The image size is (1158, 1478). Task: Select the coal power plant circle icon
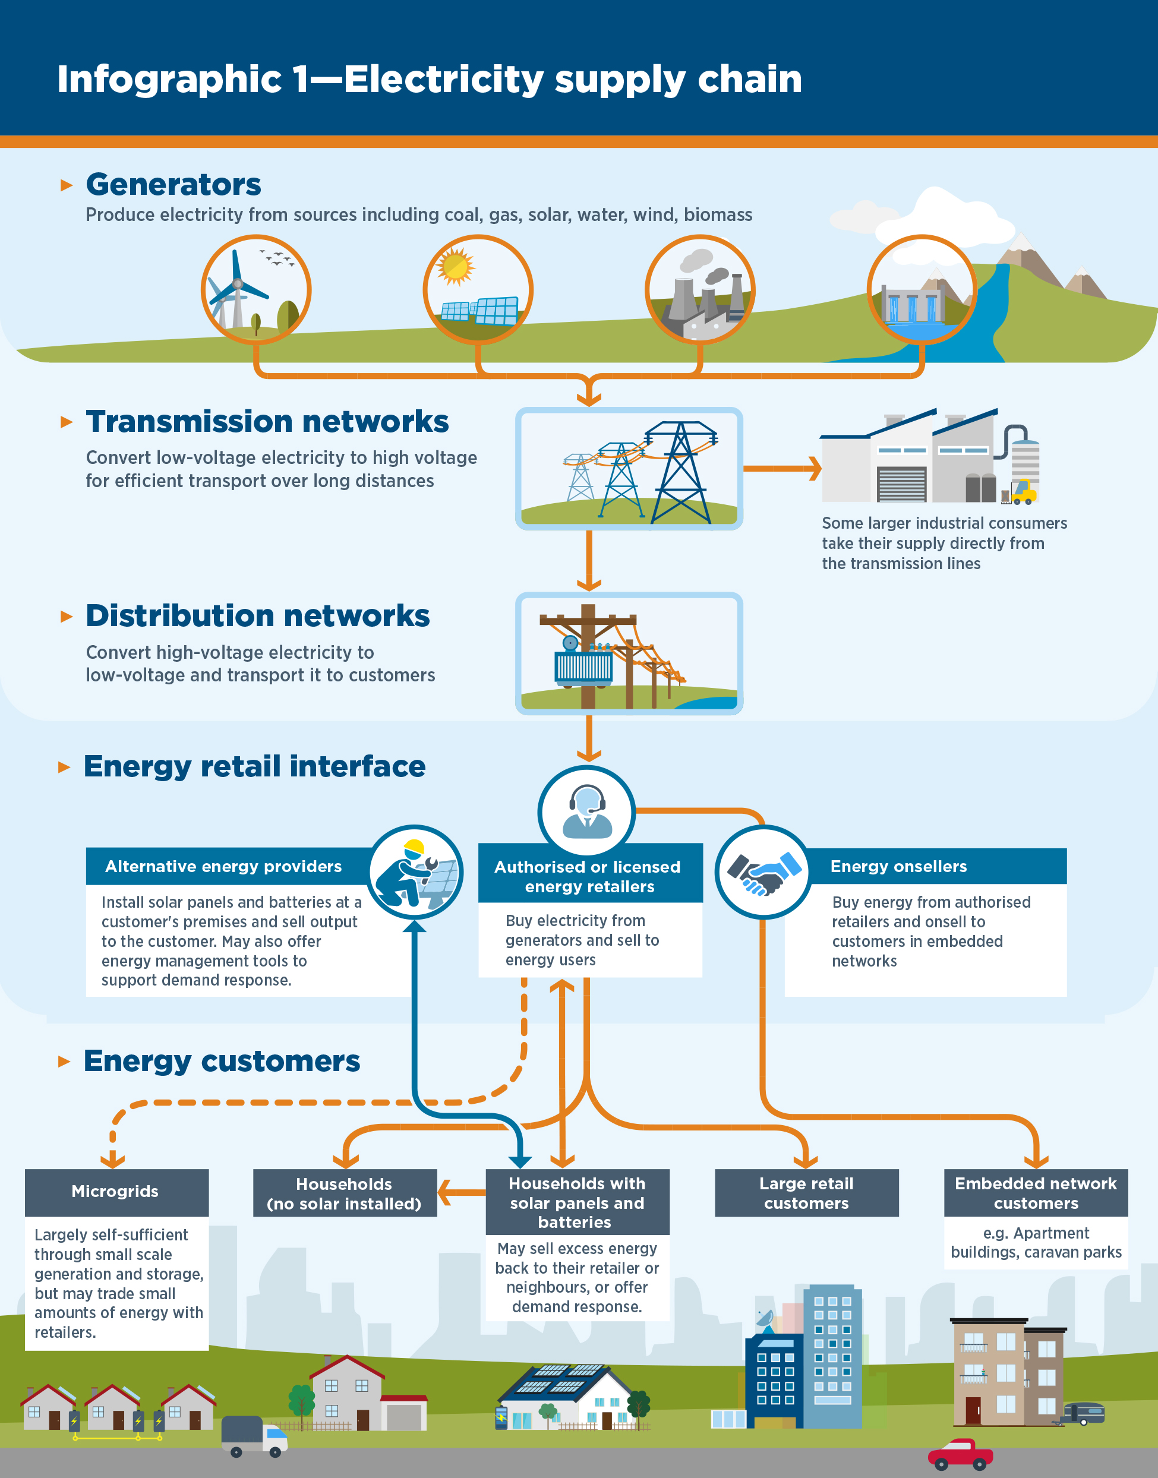[700, 290]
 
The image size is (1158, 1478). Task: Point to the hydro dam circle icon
[922, 290]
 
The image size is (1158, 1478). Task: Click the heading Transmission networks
[267, 422]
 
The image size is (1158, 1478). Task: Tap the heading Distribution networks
[258, 616]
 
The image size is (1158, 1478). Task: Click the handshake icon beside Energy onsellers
[763, 873]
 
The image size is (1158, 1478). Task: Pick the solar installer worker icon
[415, 873]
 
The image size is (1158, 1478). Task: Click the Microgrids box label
[116, 1191]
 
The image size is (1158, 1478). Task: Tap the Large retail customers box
[806, 1193]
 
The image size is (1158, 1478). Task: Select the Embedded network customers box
[1035, 1193]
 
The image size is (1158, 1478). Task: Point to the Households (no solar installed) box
[345, 1193]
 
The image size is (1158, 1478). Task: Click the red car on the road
[959, 1453]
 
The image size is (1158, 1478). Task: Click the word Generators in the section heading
[173, 184]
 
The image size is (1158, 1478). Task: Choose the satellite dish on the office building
[765, 1319]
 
